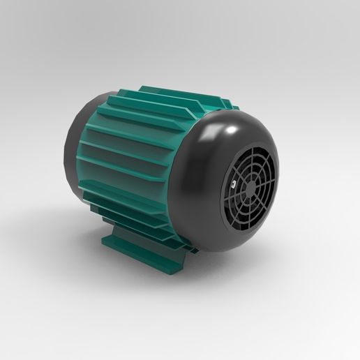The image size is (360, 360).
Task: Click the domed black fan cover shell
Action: coord(209,209)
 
